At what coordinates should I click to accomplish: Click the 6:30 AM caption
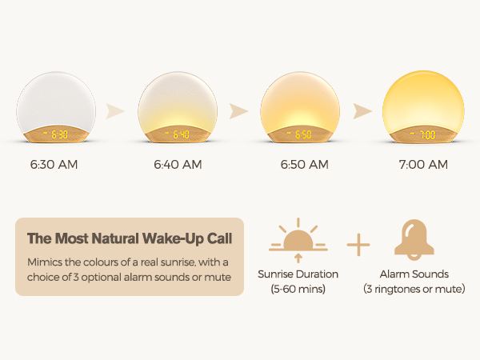(55, 166)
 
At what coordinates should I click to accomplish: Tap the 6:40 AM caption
(178, 166)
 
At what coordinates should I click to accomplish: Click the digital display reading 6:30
(56, 134)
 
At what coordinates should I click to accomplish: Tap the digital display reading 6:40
(178, 134)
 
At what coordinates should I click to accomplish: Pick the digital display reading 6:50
(299, 134)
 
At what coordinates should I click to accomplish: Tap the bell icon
(414, 238)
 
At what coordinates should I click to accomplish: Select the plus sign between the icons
(358, 243)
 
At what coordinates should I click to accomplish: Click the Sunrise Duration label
(298, 274)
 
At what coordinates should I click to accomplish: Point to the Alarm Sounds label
(414, 274)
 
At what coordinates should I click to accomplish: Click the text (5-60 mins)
(298, 289)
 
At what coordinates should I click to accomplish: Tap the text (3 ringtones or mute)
(414, 289)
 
